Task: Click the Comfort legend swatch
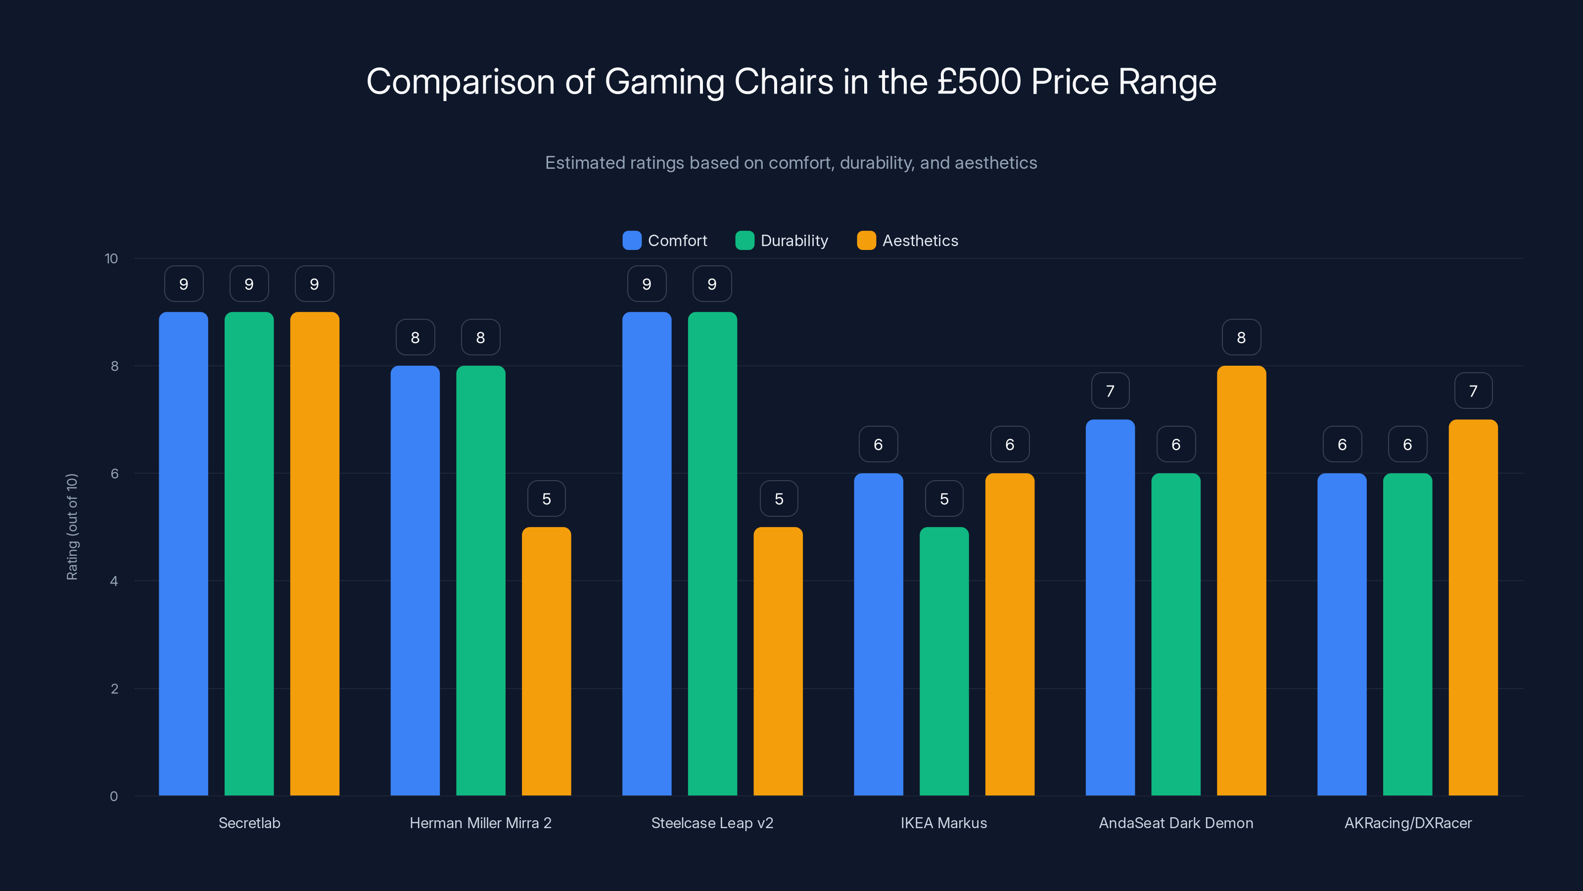(x=632, y=241)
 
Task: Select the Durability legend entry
(x=782, y=241)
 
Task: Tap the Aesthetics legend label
(x=920, y=241)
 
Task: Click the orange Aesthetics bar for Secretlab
(x=315, y=553)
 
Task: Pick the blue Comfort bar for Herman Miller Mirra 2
(x=416, y=581)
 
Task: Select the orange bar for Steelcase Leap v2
(x=778, y=661)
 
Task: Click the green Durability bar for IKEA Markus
(x=944, y=661)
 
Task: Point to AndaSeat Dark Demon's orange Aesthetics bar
(x=1241, y=581)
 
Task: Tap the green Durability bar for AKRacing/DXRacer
(x=1407, y=634)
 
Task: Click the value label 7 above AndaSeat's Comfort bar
(x=1110, y=391)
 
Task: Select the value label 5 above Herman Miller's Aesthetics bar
(x=546, y=498)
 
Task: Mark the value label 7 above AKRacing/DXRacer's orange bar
(x=1473, y=391)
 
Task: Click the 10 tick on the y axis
(x=111, y=258)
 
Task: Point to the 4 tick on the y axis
(x=114, y=581)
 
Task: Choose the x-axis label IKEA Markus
(x=943, y=823)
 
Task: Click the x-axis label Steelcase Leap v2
(x=712, y=823)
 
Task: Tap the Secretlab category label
(x=249, y=823)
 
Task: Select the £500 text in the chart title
(x=979, y=82)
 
